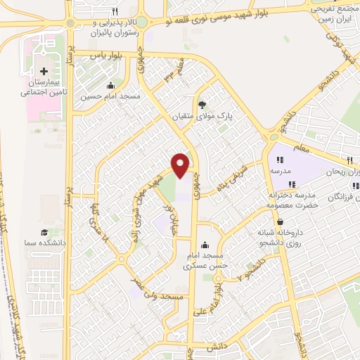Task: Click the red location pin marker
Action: tap(180, 165)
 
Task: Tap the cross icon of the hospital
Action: tap(44, 71)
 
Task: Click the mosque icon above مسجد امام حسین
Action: tap(110, 86)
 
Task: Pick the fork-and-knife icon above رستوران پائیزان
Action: tap(115, 12)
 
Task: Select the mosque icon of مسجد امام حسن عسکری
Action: tap(205, 245)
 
